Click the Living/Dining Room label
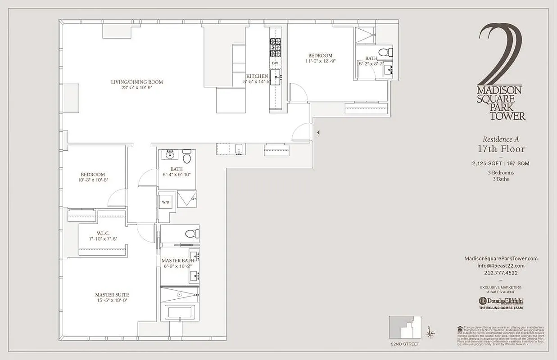coord(137,82)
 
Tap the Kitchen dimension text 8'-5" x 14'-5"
coord(258,82)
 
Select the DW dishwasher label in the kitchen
coord(275,63)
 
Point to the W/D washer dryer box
coord(166,202)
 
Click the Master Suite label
coord(112,295)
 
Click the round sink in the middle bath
coord(171,156)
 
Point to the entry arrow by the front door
coord(318,132)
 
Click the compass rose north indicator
coord(430,333)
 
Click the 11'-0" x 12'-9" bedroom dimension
coord(320,61)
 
